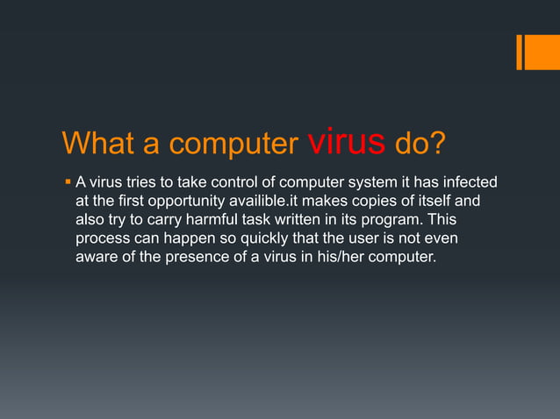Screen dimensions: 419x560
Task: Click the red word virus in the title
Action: coord(347,140)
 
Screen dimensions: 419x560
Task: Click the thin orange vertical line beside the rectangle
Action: coord(519,52)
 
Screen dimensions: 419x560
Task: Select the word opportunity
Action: coord(174,201)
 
